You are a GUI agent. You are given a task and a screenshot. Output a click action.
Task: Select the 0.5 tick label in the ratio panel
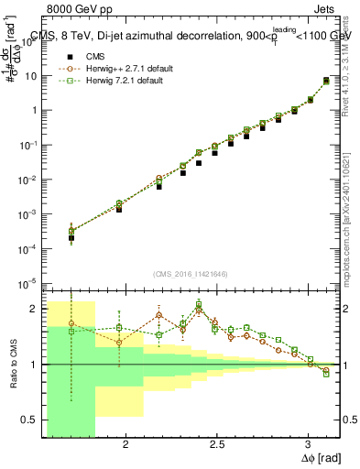tap(31, 420)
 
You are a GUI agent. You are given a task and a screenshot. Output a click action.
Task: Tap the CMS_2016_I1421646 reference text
tap(190, 273)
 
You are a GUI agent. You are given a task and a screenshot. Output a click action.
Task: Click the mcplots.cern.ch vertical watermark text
tap(349, 220)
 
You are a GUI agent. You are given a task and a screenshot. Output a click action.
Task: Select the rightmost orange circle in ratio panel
tap(326, 370)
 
